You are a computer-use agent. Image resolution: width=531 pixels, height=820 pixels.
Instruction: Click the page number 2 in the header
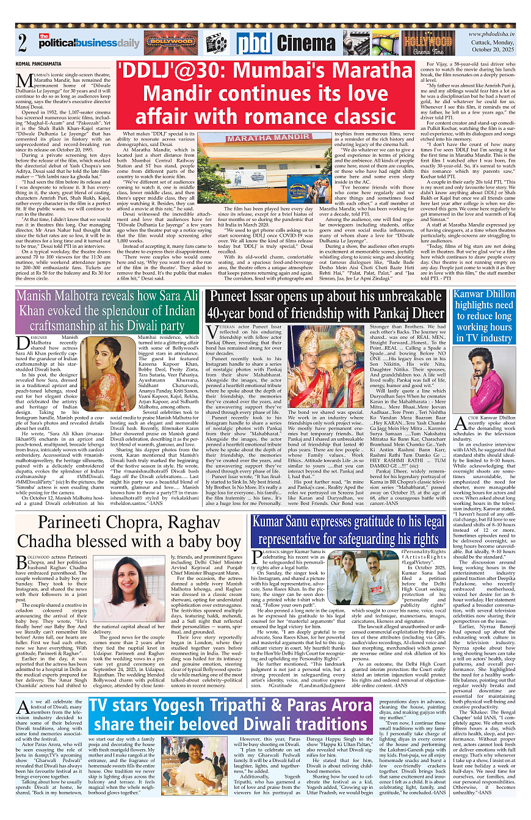pyautogui.click(x=23, y=43)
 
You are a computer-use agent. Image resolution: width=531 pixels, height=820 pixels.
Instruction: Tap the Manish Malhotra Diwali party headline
pyautogui.click(x=107, y=310)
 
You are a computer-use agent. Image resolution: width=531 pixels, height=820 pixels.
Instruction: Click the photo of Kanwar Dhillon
pyautogui.click(x=483, y=383)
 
